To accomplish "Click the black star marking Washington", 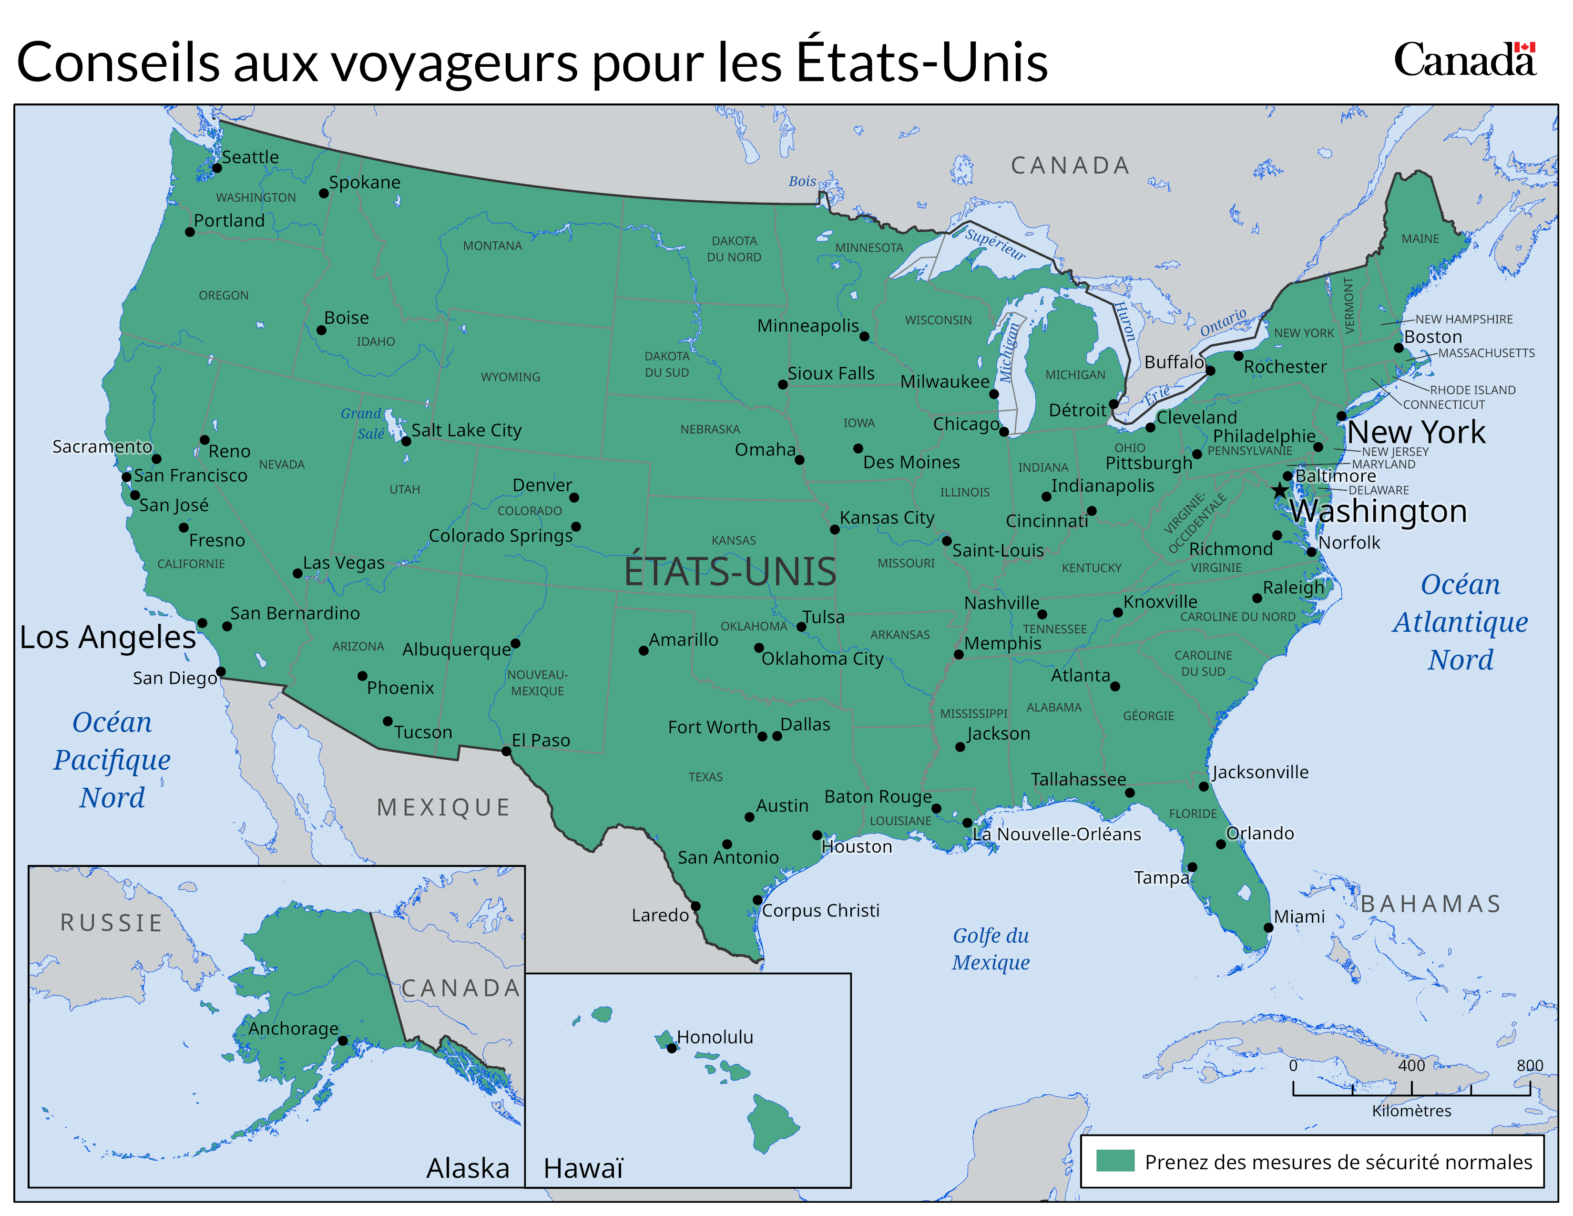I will pyautogui.click(x=1279, y=491).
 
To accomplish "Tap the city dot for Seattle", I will pyautogui.click(x=217, y=168).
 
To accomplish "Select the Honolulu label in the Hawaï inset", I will pyautogui.click(x=715, y=1037).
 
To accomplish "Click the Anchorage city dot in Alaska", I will pyautogui.click(x=343, y=1040).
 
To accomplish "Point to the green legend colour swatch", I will pyautogui.click(x=1115, y=1161).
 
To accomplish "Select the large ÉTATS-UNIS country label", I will pyautogui.click(x=730, y=571).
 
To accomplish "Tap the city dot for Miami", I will pyautogui.click(x=1268, y=927).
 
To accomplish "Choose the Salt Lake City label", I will pyautogui.click(x=466, y=430).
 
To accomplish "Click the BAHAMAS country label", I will pyautogui.click(x=1430, y=903).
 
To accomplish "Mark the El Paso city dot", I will pyautogui.click(x=506, y=752).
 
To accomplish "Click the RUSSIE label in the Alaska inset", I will pyautogui.click(x=112, y=922).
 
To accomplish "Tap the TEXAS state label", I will pyautogui.click(x=705, y=776).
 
